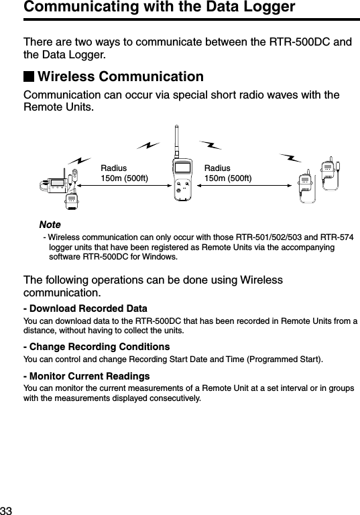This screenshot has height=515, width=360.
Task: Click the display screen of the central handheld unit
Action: [183, 168]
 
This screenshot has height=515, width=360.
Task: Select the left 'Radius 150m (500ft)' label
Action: [124, 172]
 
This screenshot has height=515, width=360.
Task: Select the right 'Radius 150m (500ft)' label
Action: [228, 172]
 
